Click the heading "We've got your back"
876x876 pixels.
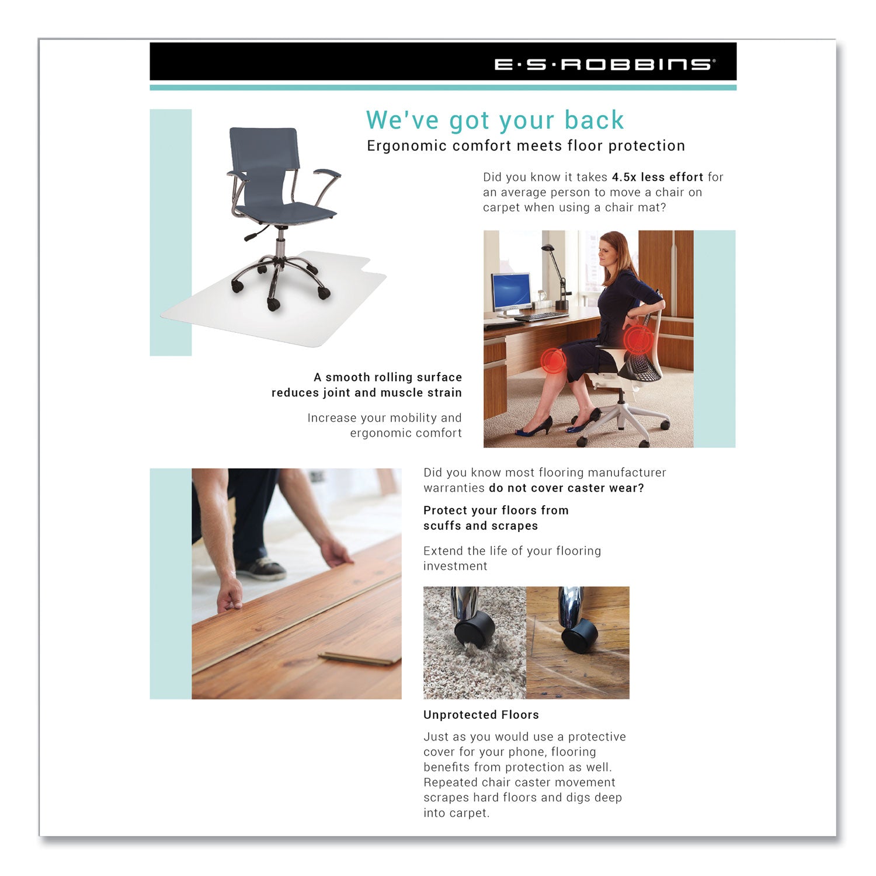pyautogui.click(x=495, y=120)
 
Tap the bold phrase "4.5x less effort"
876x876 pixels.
pyautogui.click(x=657, y=177)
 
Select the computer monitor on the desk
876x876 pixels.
pyautogui.click(x=511, y=291)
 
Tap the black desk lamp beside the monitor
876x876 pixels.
pyautogui.click(x=559, y=275)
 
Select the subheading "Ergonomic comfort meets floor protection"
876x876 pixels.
pyautogui.click(x=526, y=146)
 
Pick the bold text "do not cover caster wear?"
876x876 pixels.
pyautogui.click(x=566, y=488)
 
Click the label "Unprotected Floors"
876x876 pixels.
pyautogui.click(x=481, y=715)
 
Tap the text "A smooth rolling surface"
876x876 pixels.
pyautogui.click(x=387, y=377)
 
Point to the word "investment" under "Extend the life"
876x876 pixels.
pyautogui.click(x=455, y=566)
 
